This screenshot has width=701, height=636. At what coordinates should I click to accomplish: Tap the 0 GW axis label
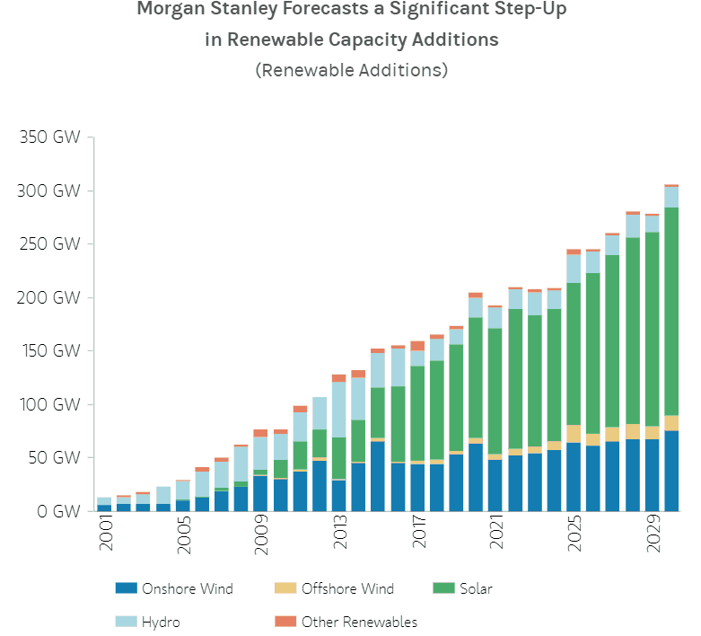pyautogui.click(x=51, y=512)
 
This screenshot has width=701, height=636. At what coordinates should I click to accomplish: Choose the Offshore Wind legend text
pyautogui.click(x=348, y=589)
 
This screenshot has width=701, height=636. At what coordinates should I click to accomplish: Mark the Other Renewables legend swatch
pyautogui.click(x=284, y=622)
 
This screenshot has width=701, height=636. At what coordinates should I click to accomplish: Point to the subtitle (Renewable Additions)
pyautogui.click(x=351, y=70)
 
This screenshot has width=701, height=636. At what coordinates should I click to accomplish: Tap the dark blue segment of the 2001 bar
pyautogui.click(x=104, y=508)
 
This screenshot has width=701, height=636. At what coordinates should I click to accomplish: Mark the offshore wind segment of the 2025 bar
pyautogui.click(x=574, y=434)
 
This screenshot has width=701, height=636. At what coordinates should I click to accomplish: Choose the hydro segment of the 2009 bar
pyautogui.click(x=260, y=453)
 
